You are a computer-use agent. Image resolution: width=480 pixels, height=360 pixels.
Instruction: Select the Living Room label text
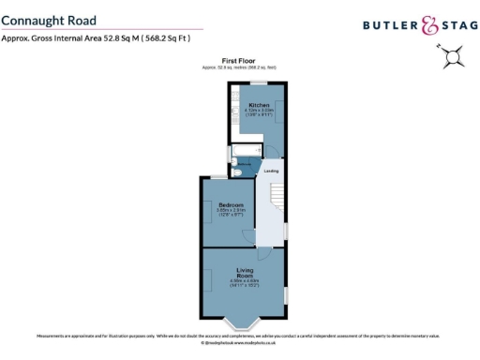245,273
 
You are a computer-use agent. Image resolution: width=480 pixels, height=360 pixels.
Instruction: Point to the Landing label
271,171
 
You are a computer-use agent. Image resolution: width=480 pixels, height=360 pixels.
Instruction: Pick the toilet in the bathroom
236,170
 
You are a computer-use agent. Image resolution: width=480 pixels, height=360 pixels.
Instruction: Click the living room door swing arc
264,252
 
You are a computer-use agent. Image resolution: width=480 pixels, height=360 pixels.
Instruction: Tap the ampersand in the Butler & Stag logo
429,25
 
